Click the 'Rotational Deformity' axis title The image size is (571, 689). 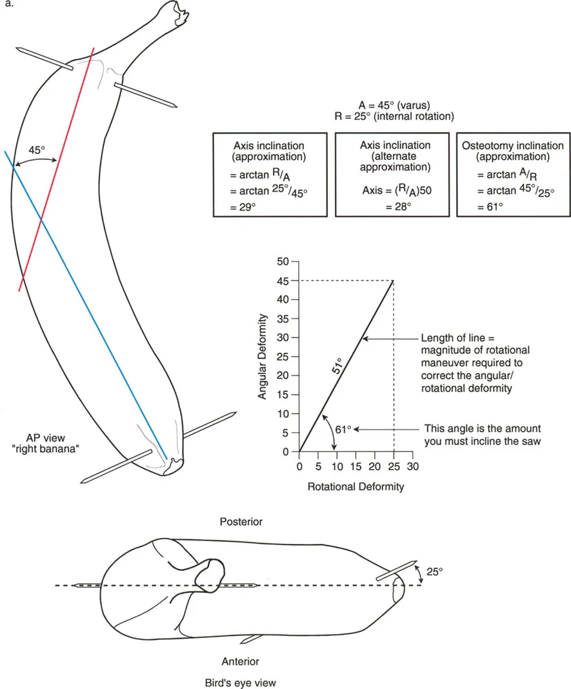[x=356, y=486]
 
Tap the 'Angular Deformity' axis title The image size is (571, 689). [x=263, y=356]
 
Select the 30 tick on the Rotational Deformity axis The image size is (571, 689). [x=412, y=465]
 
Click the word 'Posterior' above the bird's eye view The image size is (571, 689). [x=241, y=521]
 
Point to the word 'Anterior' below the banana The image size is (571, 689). [x=240, y=661]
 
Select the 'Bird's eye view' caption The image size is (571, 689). [x=240, y=681]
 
